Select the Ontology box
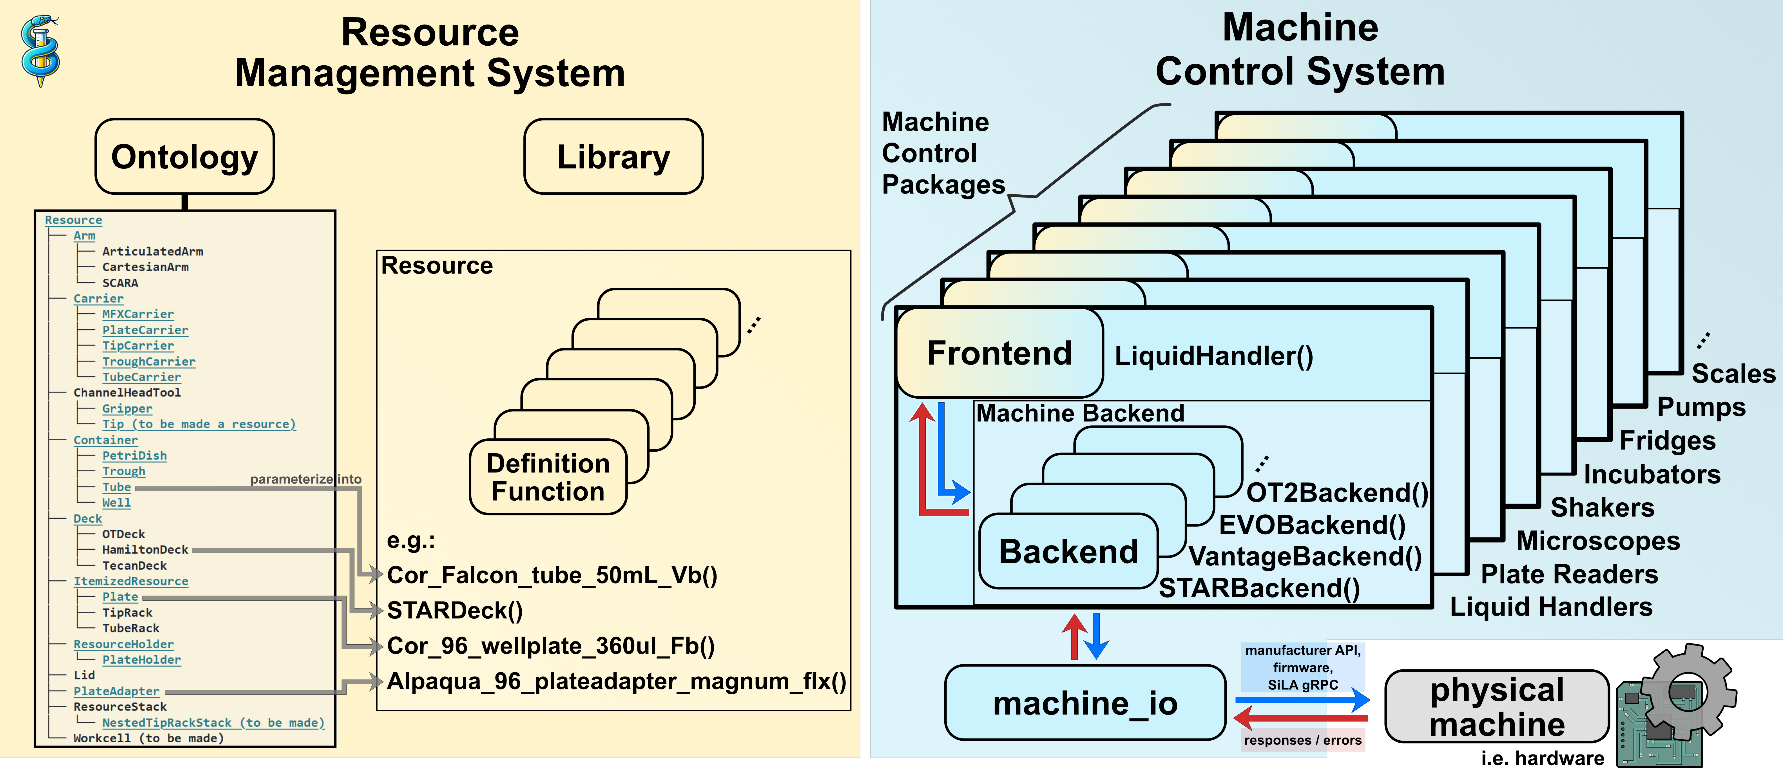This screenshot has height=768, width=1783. coord(185,157)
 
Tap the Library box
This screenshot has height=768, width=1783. coord(613,157)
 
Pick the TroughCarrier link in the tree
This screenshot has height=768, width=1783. coord(149,361)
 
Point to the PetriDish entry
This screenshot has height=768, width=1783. coord(134,456)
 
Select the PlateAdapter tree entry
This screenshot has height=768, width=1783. coord(116,691)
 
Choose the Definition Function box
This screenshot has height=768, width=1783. coord(548,477)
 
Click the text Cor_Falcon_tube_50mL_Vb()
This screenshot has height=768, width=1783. coord(552,576)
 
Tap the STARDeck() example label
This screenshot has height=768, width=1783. coord(455,611)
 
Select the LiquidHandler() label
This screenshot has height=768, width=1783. coord(1213,356)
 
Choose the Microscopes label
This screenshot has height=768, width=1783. coord(1598,541)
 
